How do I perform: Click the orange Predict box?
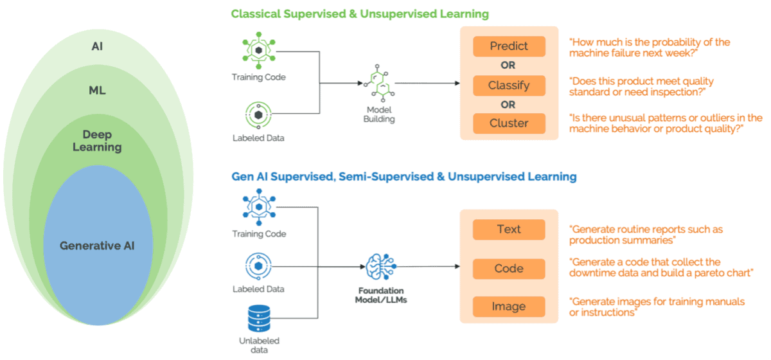coord(509,46)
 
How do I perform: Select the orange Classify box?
coord(509,85)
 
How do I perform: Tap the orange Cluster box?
coord(509,123)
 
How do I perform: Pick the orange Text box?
coord(509,230)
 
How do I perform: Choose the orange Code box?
coord(509,269)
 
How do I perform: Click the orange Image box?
coord(509,307)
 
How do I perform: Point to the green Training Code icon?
coord(258,51)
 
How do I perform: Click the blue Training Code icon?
coord(258,208)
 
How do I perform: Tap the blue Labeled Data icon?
coord(258,265)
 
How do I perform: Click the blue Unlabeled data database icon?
coord(258,319)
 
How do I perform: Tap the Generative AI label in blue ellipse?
coord(97,246)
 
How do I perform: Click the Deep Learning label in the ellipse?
coord(97,141)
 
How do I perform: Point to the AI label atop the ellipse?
coord(98,47)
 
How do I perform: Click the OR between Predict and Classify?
coord(508,66)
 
